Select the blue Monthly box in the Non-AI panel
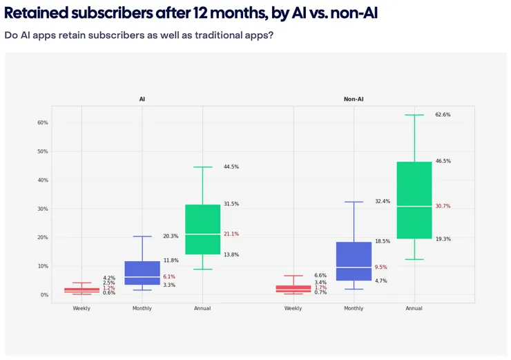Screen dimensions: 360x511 click(354, 261)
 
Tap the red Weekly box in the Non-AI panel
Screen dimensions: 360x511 click(293, 289)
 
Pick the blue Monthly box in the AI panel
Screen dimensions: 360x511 click(142, 273)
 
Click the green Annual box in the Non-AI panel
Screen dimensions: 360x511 click(414, 200)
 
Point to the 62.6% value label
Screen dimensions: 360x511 click(443, 115)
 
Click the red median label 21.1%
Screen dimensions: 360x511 click(231, 234)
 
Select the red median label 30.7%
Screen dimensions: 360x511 click(443, 206)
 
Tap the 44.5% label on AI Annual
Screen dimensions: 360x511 click(231, 167)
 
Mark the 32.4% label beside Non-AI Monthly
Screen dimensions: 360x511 click(383, 201)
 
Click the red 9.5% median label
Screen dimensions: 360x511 click(381, 267)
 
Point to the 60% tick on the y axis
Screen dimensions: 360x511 click(42, 123)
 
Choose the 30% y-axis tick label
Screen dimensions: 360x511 click(42, 209)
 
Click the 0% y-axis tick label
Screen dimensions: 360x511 click(44, 295)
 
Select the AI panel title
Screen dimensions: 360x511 click(142, 100)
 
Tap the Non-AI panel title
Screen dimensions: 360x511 click(354, 100)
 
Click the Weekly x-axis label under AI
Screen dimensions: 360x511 click(81, 308)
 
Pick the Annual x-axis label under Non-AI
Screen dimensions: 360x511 click(414, 308)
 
